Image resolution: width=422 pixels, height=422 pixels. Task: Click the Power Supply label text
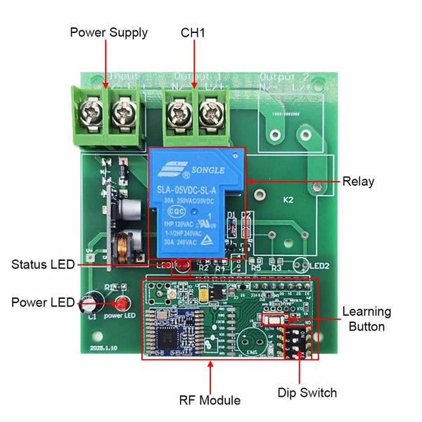click(x=108, y=32)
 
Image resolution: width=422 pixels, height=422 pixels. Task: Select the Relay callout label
click(x=359, y=181)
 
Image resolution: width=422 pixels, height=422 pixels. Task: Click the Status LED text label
click(x=43, y=265)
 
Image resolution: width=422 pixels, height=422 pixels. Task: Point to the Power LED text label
click(x=43, y=302)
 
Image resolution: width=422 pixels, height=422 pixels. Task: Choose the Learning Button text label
click(x=366, y=319)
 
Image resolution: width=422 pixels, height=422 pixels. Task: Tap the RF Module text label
click(x=210, y=400)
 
